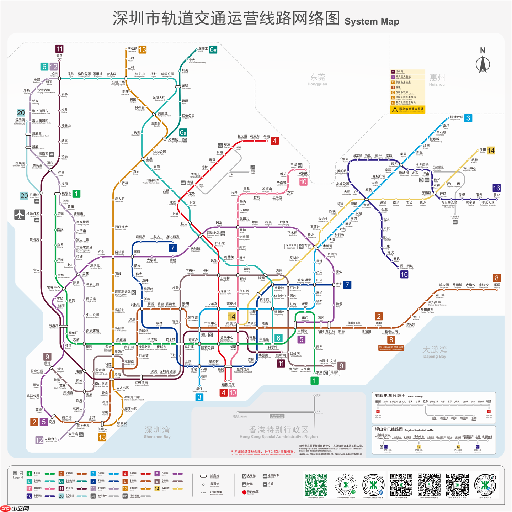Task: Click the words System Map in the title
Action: tap(372, 21)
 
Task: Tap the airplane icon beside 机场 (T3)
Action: tap(20, 215)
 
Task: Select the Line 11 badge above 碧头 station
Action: tap(59, 49)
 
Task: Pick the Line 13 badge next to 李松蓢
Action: tap(143, 50)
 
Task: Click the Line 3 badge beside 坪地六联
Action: tap(468, 118)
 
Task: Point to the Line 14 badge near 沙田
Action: tap(491, 151)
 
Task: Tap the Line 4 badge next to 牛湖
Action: tap(274, 141)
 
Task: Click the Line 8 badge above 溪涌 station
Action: tap(497, 278)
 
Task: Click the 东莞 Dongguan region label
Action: tap(317, 79)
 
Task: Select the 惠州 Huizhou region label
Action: tap(437, 79)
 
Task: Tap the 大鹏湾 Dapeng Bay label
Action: tap(434, 352)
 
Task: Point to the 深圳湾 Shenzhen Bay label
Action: tap(157, 432)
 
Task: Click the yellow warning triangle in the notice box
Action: tap(395, 110)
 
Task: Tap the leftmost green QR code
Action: tap(316, 484)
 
